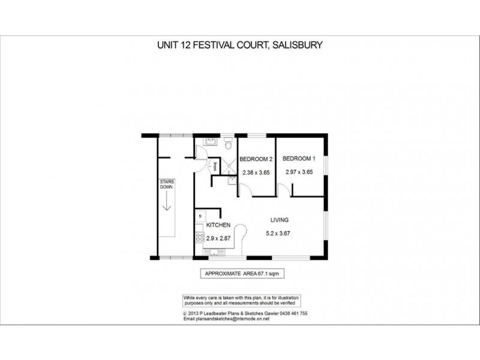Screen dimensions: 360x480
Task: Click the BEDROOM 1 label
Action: (299, 159)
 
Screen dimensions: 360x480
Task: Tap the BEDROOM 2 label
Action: (256, 159)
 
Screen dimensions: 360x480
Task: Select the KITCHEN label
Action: (218, 224)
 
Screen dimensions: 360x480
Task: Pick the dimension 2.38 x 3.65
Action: (256, 173)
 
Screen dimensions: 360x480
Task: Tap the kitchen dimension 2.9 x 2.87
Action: (218, 238)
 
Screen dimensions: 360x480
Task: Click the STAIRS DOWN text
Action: (166, 184)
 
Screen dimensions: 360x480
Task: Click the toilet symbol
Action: (227, 145)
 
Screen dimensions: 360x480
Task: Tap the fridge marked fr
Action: (200, 215)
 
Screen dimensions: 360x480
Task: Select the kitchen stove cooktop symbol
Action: (200, 237)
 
